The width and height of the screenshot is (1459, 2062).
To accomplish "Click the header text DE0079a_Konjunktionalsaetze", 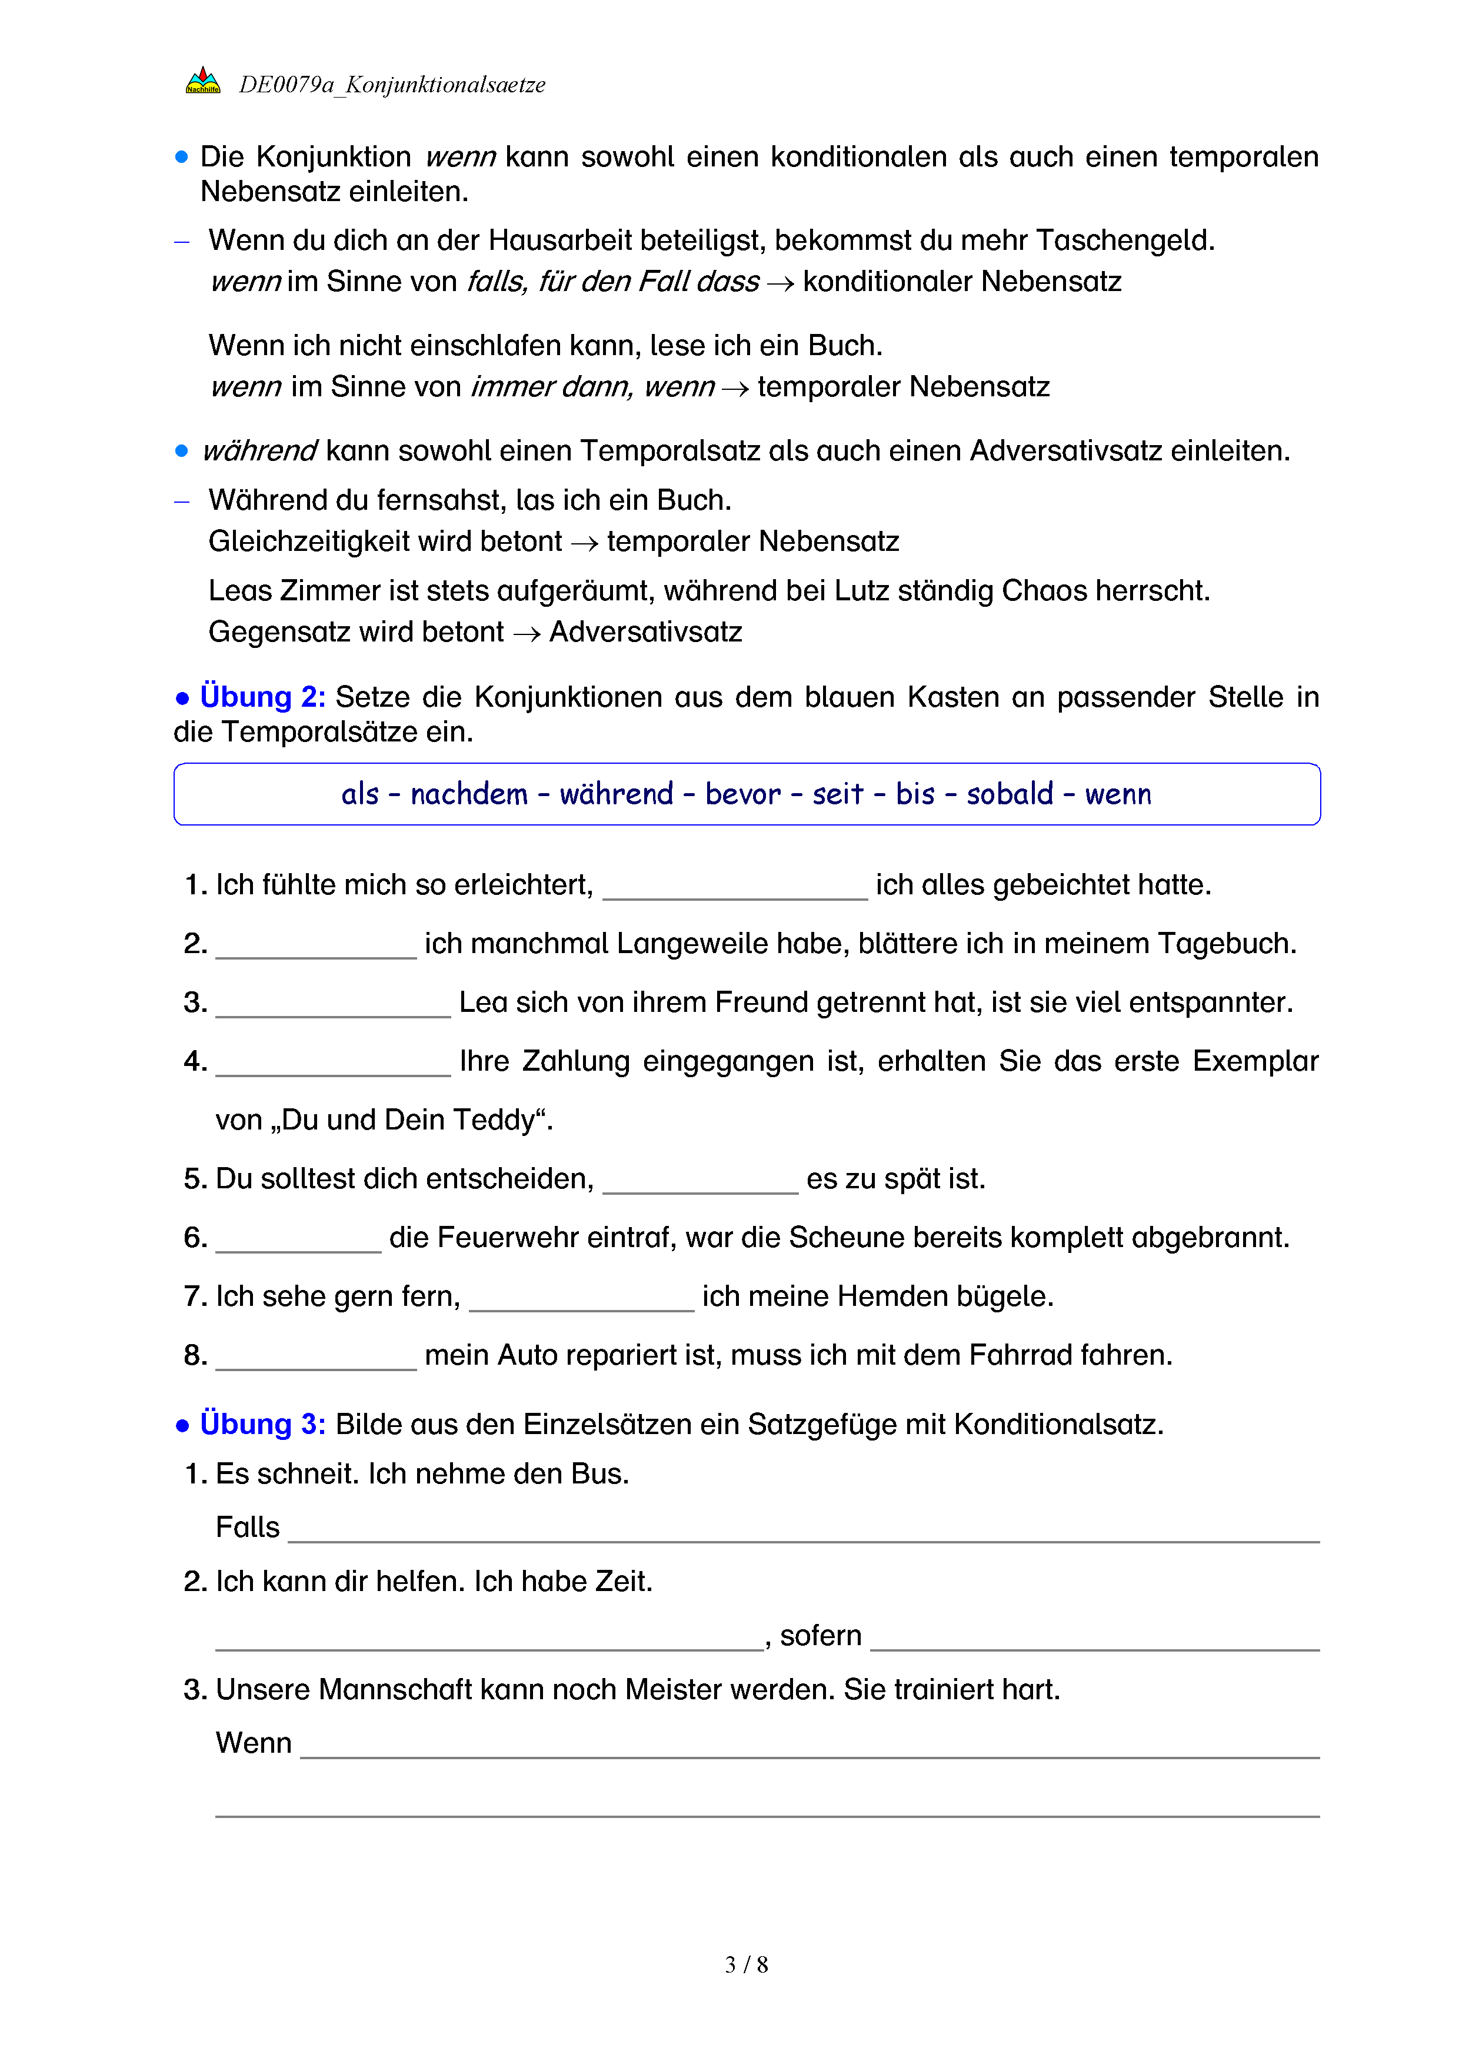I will click(x=392, y=85).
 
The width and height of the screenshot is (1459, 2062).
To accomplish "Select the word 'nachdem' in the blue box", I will click(x=469, y=794).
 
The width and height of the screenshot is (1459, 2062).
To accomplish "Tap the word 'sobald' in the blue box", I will click(x=1010, y=794).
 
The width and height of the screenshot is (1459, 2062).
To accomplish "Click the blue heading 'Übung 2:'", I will click(x=262, y=697).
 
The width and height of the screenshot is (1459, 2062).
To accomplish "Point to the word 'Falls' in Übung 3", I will click(x=248, y=1527).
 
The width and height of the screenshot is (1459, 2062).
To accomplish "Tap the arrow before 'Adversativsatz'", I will click(x=527, y=634).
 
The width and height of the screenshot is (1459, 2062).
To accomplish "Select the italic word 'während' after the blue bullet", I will click(x=259, y=451).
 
